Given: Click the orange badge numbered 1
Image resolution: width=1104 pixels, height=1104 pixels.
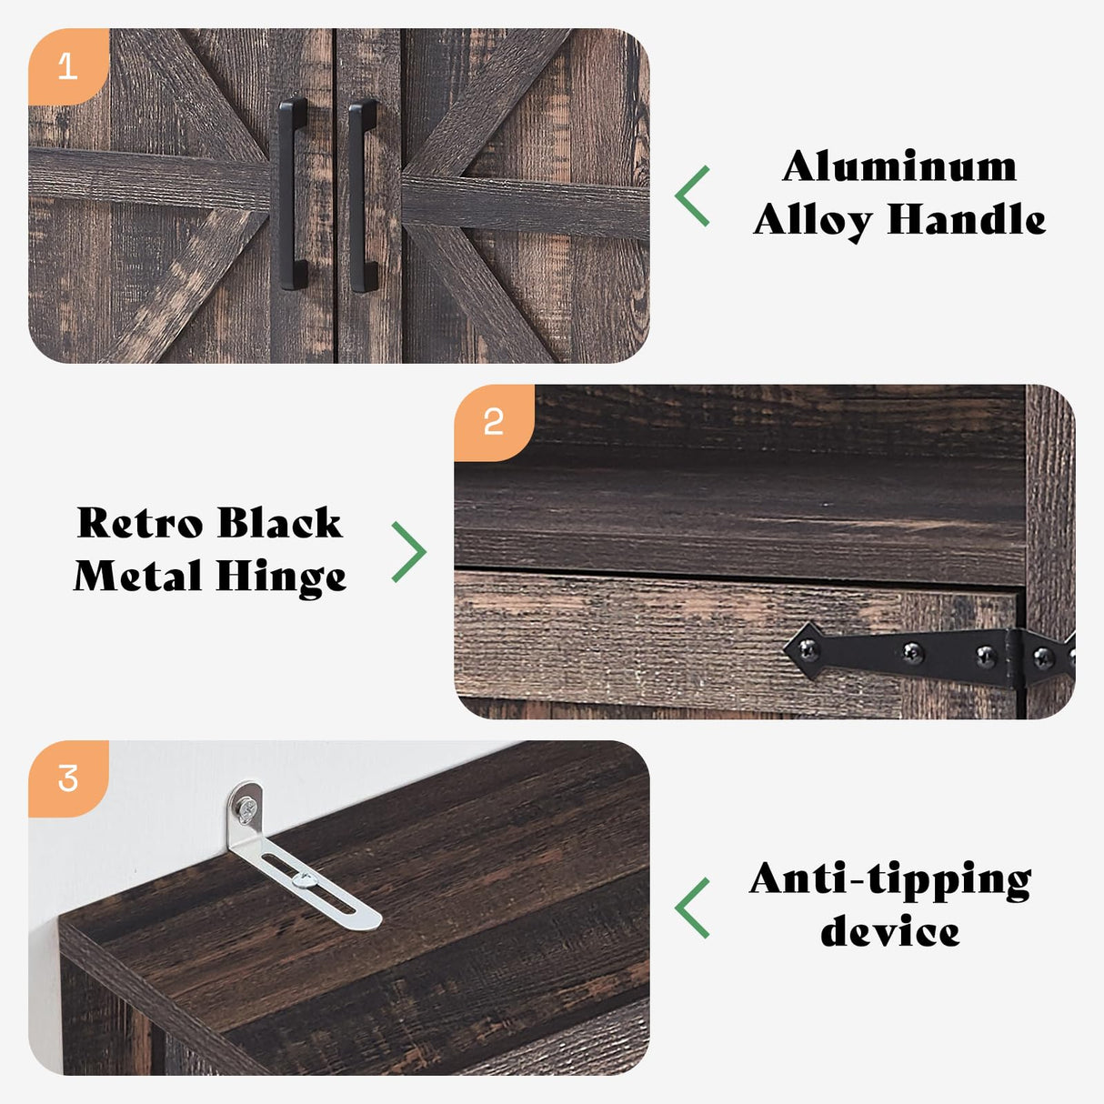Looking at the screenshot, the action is pos(68,66).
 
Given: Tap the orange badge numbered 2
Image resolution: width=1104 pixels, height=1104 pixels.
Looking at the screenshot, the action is pos(494,423).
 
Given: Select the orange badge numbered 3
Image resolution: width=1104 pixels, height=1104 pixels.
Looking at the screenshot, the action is pos(68,778).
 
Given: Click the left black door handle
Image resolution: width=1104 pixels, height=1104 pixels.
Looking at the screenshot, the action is pos(293,194).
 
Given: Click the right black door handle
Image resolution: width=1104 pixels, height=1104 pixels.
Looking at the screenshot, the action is pos(363,196).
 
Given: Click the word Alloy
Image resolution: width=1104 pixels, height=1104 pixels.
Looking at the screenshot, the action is pos(812,222).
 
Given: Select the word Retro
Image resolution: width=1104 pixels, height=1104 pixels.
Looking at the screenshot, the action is pos(140,523).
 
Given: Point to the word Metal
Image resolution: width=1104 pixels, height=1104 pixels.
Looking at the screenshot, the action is pos(138,576).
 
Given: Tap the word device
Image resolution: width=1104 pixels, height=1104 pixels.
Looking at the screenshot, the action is pos(889,931).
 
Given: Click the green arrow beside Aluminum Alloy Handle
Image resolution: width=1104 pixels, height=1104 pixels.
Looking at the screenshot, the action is pos(693,196).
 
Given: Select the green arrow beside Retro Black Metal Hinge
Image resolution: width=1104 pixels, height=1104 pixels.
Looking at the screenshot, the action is pos(409,552).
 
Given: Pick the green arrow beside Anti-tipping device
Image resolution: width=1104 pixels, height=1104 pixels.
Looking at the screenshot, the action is pos(693,908).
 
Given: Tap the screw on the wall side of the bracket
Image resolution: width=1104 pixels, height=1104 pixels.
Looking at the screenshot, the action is pos(247,810).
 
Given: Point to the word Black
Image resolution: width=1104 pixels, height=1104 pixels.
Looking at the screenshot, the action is pos(281,523).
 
